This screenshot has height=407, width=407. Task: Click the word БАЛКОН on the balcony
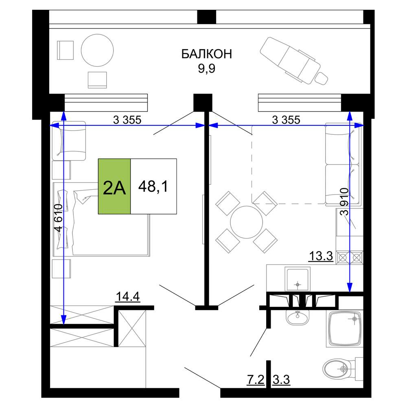(x=206, y=54)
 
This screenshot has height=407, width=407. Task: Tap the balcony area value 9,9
(x=207, y=68)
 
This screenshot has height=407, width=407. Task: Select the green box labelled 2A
(x=114, y=186)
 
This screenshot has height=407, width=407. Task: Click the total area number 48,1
(x=153, y=186)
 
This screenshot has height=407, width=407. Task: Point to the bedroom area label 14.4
(x=128, y=297)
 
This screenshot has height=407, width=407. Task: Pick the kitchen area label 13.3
(x=321, y=256)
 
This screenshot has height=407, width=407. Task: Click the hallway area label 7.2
(x=256, y=380)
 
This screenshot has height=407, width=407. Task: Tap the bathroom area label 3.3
(x=281, y=380)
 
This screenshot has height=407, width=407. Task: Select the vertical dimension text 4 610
(x=58, y=217)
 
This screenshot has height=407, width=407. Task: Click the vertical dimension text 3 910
(x=344, y=202)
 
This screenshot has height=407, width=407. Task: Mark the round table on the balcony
(x=97, y=50)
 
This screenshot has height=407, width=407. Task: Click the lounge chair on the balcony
(x=294, y=61)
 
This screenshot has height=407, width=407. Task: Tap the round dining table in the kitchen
(x=247, y=222)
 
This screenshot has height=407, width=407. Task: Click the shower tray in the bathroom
(x=344, y=328)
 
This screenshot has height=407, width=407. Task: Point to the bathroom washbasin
(x=298, y=317)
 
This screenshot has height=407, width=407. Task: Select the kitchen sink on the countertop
(x=298, y=279)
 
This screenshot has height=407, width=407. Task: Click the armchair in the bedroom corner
(x=69, y=141)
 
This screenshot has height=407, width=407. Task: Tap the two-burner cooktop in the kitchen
(x=350, y=258)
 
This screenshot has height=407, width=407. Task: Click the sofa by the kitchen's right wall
(x=343, y=164)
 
